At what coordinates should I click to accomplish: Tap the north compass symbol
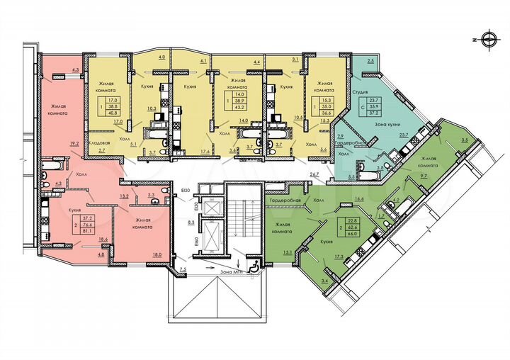tap(489, 38)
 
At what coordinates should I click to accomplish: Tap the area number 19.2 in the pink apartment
tap(74, 142)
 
